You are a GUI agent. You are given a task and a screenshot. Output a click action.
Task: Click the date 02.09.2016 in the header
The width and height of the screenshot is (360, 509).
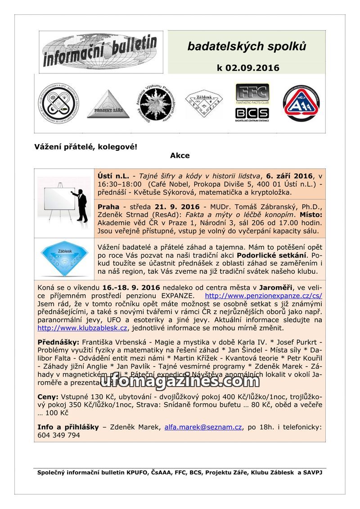[x=253, y=68]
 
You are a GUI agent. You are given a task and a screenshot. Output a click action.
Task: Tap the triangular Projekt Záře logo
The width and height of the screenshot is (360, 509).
[x=108, y=104]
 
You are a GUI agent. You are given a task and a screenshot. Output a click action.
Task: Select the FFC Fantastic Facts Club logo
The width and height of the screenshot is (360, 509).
[x=252, y=94]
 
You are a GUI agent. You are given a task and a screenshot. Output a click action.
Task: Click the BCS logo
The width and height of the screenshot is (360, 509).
[x=252, y=114]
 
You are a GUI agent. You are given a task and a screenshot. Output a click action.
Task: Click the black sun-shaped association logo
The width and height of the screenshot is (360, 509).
[x=154, y=104]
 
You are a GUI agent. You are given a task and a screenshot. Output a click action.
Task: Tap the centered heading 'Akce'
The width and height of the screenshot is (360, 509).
[x=180, y=156]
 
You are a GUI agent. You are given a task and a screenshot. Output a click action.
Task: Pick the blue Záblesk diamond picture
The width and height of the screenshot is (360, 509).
[x=64, y=259]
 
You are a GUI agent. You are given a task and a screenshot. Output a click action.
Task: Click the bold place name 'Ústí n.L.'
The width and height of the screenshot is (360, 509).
[x=113, y=176]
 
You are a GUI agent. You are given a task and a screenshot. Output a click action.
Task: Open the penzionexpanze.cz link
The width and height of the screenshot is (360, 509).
[x=263, y=296]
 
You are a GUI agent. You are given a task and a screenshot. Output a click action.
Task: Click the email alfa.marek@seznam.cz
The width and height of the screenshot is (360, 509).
[x=203, y=427]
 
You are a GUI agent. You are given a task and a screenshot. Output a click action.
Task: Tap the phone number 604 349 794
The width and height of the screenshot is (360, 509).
[x=58, y=435]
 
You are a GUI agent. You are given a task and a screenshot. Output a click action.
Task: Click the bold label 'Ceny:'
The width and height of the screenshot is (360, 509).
[x=48, y=396]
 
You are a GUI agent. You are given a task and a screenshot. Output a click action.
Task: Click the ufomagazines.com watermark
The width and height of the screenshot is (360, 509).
[x=179, y=381]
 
